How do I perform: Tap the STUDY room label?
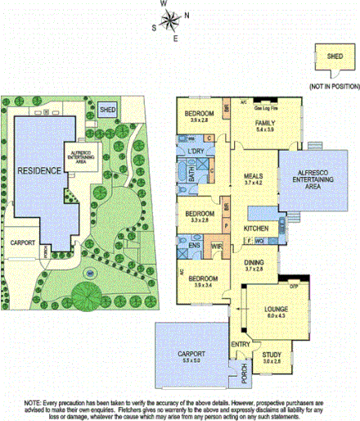[x=272, y=353]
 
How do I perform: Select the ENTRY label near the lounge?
[x=241, y=344]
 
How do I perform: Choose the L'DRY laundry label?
[x=196, y=152]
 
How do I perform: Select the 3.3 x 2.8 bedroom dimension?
[x=199, y=220]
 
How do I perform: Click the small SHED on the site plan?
[x=108, y=108]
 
